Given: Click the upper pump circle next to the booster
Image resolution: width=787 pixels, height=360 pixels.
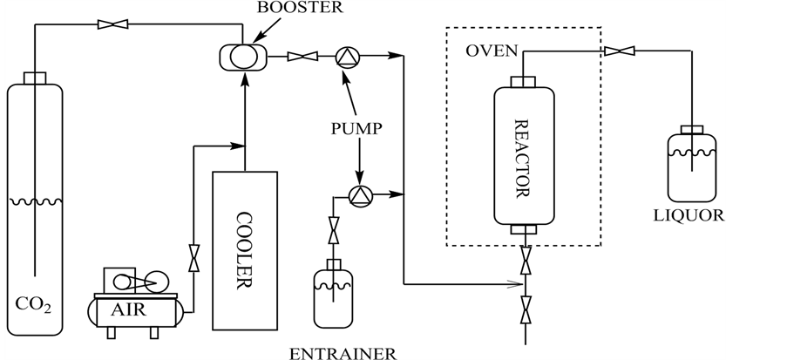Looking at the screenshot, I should [347, 58].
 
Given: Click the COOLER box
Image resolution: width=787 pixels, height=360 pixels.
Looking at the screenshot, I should [245, 251].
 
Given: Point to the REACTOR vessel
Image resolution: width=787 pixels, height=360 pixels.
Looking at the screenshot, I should [524, 155].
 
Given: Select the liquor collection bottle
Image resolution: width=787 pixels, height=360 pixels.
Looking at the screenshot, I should [693, 165].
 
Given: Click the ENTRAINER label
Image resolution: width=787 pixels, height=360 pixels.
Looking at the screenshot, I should [346, 352].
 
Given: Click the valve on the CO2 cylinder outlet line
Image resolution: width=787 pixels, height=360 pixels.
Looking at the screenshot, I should [112, 24].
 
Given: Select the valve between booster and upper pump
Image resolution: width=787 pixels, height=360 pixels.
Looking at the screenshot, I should [302, 58].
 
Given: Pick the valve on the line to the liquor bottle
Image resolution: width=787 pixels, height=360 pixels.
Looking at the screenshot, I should [619, 51].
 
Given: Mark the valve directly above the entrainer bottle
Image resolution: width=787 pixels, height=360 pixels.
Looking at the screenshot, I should [333, 233].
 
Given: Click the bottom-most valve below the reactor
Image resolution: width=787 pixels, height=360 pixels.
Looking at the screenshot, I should [525, 307].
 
